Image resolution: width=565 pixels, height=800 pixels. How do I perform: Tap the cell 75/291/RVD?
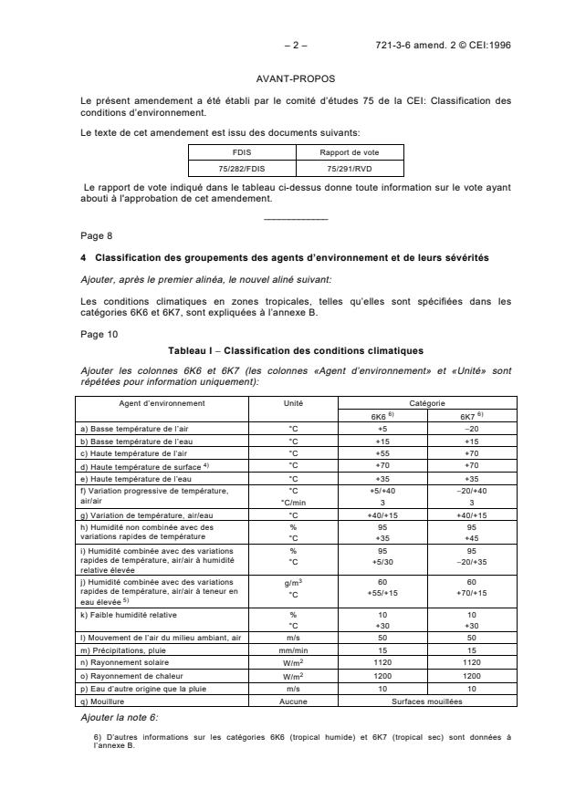point(349,169)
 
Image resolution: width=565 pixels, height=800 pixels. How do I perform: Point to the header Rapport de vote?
point(349,153)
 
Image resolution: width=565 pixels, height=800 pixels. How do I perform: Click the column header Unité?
point(294,402)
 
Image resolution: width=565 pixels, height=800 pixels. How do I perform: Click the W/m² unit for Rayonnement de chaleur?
point(294,678)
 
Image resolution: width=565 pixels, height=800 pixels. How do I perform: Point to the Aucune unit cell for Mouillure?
point(294,702)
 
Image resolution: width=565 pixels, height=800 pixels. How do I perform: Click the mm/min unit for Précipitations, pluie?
point(294,649)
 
